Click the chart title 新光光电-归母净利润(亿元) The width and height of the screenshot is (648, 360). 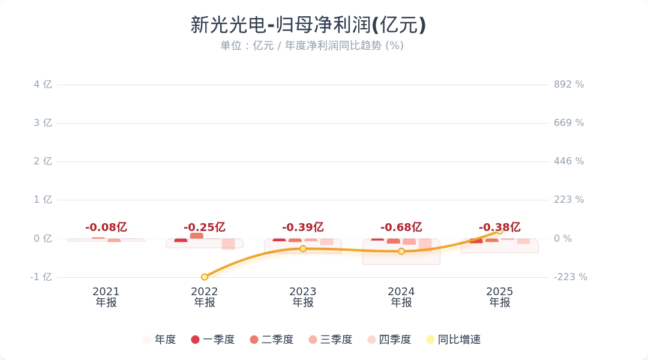[x=308, y=25]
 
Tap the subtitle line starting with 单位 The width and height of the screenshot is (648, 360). [x=311, y=46]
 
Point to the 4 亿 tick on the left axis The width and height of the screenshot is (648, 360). [x=43, y=85]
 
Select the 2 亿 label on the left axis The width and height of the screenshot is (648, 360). [x=43, y=161]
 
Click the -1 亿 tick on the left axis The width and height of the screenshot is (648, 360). [x=41, y=277]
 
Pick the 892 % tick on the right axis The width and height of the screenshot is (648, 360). [x=568, y=85]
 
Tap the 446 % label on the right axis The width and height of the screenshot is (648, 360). [x=568, y=161]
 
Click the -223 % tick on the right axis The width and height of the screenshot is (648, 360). [x=570, y=277]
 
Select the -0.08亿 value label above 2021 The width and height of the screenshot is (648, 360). [x=106, y=227]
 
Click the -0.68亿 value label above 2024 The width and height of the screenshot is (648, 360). [x=401, y=227]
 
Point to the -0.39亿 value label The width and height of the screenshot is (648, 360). [x=303, y=227]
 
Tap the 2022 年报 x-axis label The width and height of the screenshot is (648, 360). [x=205, y=297]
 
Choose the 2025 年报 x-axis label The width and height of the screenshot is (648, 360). [x=500, y=297]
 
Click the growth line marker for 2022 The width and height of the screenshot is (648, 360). [x=205, y=277]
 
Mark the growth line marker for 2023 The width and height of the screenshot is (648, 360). [x=303, y=248]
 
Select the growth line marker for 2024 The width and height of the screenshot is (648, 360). [x=401, y=251]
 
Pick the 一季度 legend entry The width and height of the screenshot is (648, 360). [x=213, y=340]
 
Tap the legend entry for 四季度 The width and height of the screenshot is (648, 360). [x=389, y=340]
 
